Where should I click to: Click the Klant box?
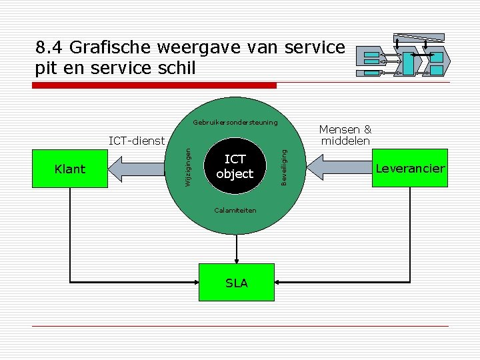70,169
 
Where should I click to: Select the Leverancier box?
409,169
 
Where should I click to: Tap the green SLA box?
237,283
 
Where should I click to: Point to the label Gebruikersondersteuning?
235,123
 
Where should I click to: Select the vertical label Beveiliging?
284,167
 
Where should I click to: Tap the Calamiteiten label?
235,210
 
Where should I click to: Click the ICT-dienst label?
136,141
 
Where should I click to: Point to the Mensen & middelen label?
345,135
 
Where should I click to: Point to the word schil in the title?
177,67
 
